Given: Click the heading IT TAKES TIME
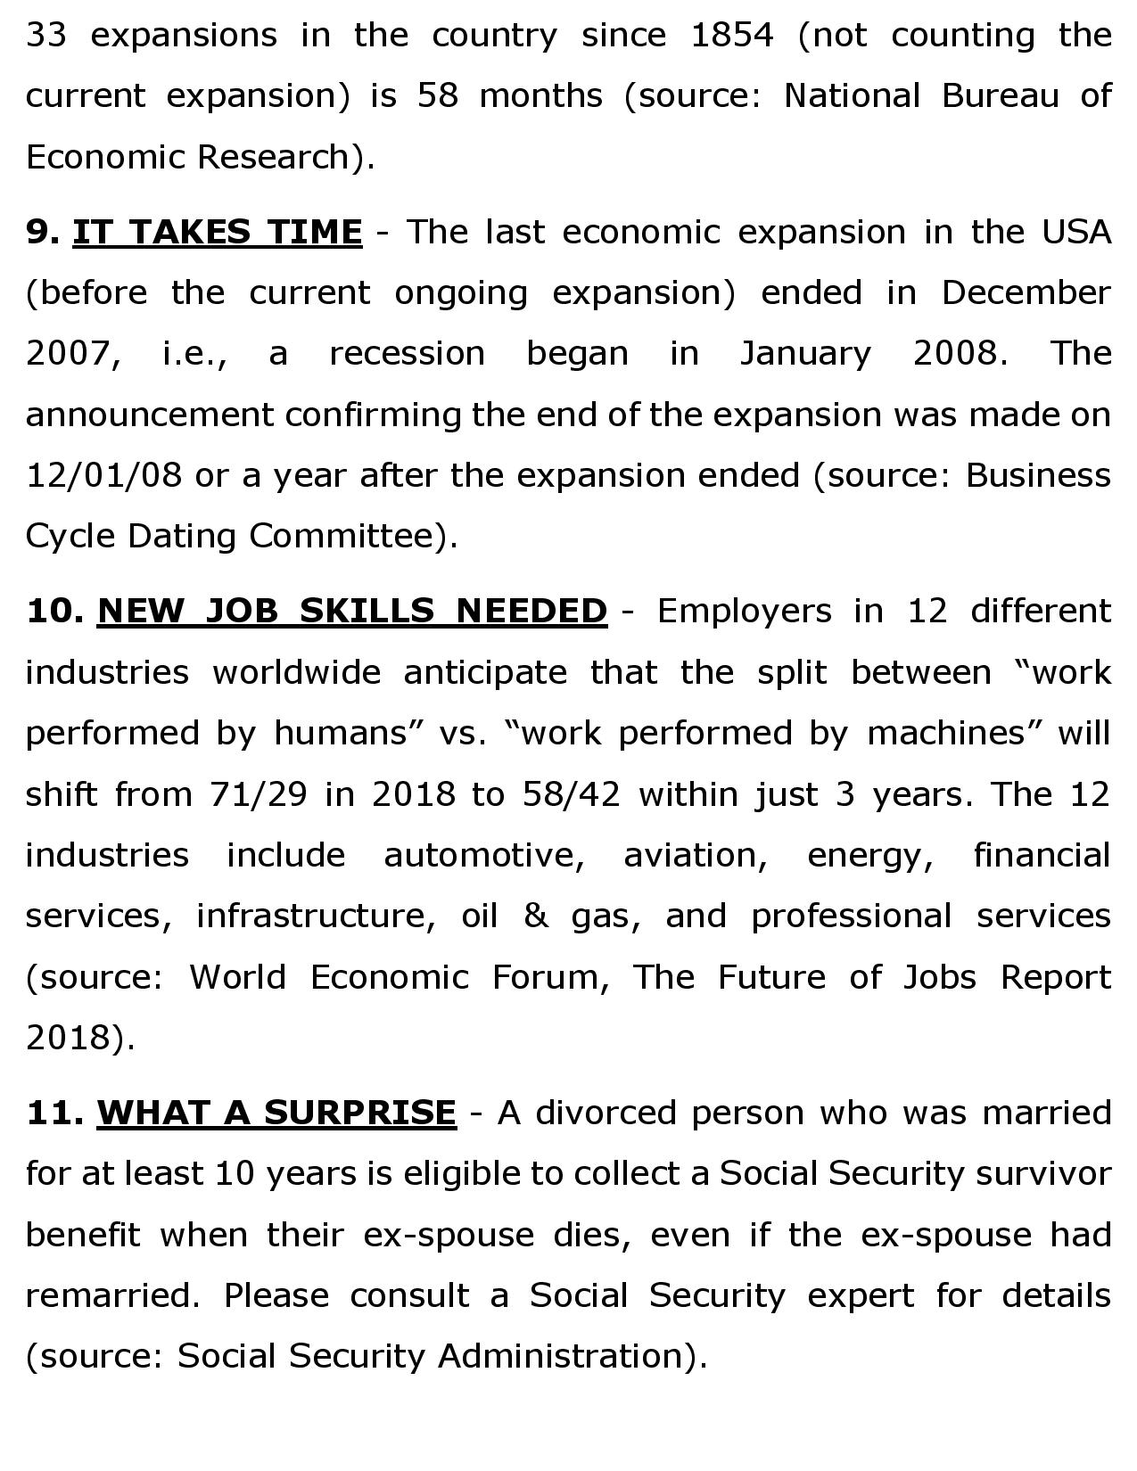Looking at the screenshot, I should [x=217, y=232].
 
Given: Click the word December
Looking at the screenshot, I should [x=1026, y=292].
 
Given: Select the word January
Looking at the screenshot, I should [x=804, y=354].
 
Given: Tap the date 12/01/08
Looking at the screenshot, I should [x=103, y=475].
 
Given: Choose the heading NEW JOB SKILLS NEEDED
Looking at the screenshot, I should [x=351, y=611].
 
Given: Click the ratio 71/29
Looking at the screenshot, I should [x=258, y=793].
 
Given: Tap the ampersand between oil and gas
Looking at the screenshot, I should [x=535, y=916].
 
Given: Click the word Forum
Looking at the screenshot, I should [x=550, y=977].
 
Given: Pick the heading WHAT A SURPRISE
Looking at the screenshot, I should [x=276, y=1113].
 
